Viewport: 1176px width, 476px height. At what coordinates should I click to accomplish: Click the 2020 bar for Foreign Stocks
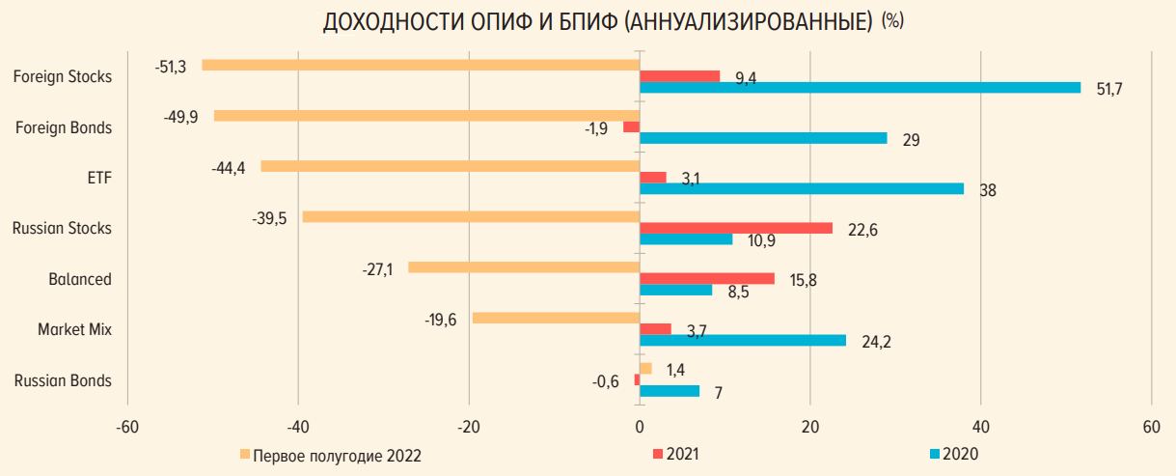pyautogui.click(x=860, y=88)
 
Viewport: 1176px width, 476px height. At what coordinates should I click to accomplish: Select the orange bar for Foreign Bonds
pyautogui.click(x=426, y=116)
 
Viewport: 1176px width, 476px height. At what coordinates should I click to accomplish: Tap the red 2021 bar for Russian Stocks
pyautogui.click(x=736, y=228)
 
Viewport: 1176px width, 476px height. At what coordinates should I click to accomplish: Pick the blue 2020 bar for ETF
pyautogui.click(x=801, y=189)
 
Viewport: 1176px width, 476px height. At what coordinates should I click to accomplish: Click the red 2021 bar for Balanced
pyautogui.click(x=707, y=278)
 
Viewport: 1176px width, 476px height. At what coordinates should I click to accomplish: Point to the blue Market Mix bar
pyautogui.click(x=742, y=340)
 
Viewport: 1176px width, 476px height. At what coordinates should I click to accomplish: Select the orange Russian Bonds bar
pyautogui.click(x=645, y=368)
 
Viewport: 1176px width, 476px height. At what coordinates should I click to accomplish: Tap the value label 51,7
pyautogui.click(x=1110, y=89)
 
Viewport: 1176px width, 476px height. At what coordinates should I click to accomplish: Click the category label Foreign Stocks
pyautogui.click(x=63, y=76)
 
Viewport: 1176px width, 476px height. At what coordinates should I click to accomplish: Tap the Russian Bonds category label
pyautogui.click(x=63, y=380)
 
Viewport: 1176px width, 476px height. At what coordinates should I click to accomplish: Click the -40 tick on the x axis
pyautogui.click(x=298, y=428)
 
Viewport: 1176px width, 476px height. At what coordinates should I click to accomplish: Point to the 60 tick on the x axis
pyautogui.click(x=1151, y=428)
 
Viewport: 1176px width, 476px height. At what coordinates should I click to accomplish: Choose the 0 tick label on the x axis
pyautogui.click(x=640, y=428)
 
